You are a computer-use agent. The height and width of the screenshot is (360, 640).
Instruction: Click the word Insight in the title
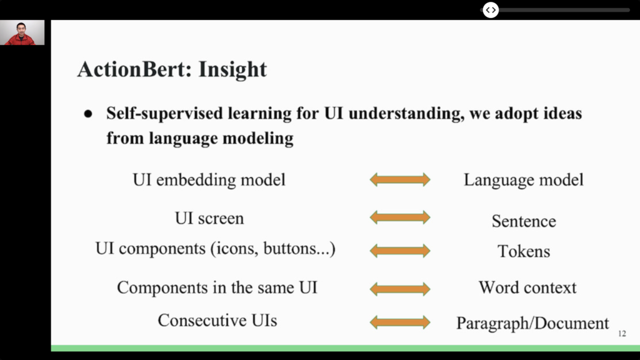coord(232,69)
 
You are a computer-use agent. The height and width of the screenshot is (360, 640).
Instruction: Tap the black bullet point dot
coord(88,114)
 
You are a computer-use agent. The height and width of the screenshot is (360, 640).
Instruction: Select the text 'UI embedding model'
coord(209,179)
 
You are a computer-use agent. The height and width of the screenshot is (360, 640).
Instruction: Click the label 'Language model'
coord(524,180)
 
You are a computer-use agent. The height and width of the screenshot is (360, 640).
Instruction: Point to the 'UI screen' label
coord(209,218)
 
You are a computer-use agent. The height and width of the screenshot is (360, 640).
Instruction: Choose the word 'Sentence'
coord(524,221)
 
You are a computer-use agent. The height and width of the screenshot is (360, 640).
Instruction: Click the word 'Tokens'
coord(524,251)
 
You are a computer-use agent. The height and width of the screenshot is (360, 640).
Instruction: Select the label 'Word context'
coord(527,287)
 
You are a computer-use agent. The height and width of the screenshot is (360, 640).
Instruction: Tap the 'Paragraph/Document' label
coord(532,323)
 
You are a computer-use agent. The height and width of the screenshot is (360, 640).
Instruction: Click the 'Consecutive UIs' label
coord(217,321)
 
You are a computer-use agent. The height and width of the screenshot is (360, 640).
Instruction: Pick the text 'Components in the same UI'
coord(217,287)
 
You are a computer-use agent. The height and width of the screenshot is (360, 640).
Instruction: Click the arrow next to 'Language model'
coord(400,179)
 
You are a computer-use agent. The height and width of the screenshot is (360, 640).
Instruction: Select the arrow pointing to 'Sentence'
coord(400,217)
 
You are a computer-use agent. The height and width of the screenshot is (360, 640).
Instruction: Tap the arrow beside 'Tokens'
coord(400,251)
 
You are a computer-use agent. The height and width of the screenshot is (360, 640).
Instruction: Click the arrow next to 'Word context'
coord(400,289)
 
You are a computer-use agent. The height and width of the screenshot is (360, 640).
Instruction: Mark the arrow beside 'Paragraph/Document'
coord(400,322)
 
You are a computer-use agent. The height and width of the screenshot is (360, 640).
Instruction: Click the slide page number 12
coord(622,334)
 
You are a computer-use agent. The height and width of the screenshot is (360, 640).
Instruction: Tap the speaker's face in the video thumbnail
coord(21,29)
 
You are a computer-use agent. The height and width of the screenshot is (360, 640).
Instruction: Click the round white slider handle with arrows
coord(491,10)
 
